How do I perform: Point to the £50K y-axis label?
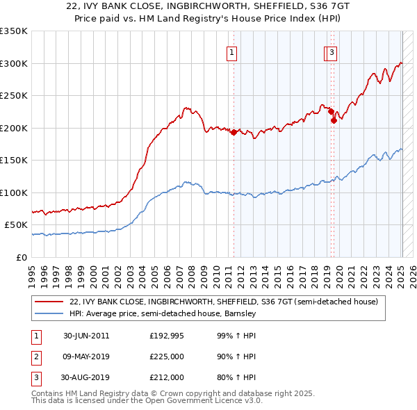pos(16,225)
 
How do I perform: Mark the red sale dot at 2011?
pos(234,133)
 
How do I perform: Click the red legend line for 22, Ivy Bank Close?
pos(49,302)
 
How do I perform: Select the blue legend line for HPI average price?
pos(49,313)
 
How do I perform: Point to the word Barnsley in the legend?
pos(240,313)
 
